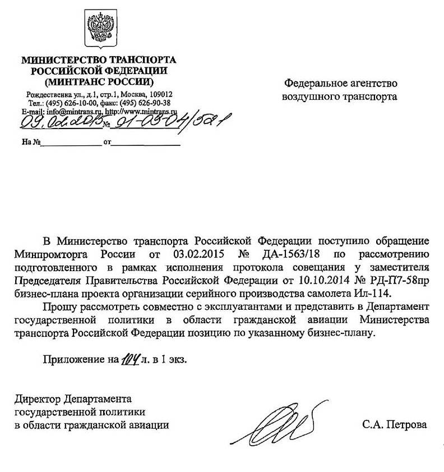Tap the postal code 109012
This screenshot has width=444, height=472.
point(160,94)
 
